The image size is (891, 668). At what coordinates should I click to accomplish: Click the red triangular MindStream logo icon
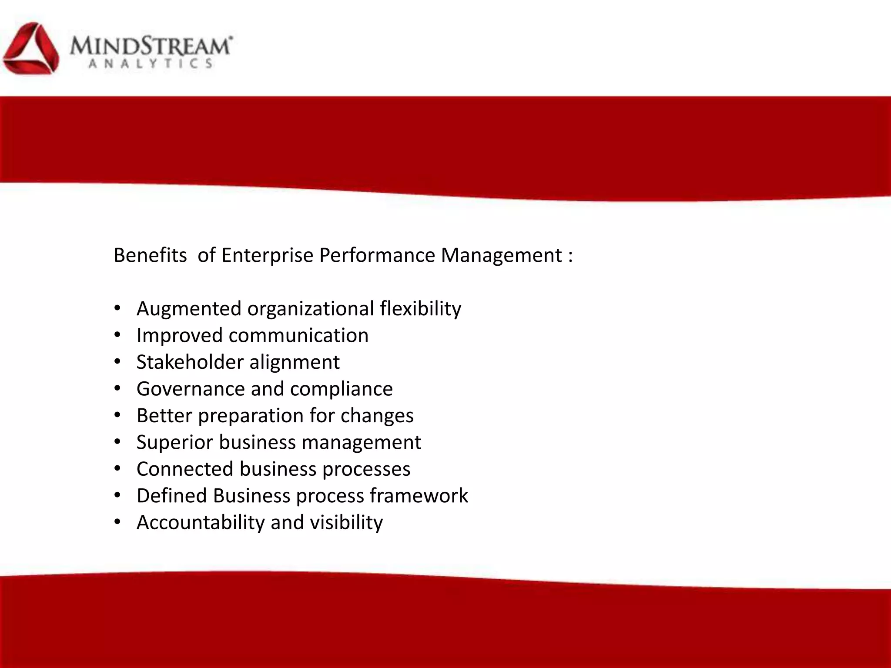(x=30, y=49)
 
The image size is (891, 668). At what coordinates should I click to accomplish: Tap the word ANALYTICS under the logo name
(x=151, y=64)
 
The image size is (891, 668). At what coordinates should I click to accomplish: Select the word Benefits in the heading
(x=150, y=255)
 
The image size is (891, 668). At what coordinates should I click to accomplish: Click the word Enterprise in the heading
(x=267, y=255)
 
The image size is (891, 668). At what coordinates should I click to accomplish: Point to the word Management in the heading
(x=502, y=255)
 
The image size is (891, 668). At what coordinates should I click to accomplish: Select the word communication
(x=298, y=336)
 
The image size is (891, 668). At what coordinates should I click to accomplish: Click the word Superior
(x=175, y=443)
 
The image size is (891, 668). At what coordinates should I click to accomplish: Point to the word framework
(x=419, y=496)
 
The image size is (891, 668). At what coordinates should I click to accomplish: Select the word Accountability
(x=201, y=523)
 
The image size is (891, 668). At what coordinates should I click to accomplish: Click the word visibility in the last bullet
(x=346, y=523)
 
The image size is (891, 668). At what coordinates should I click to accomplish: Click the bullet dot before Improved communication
(x=117, y=335)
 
